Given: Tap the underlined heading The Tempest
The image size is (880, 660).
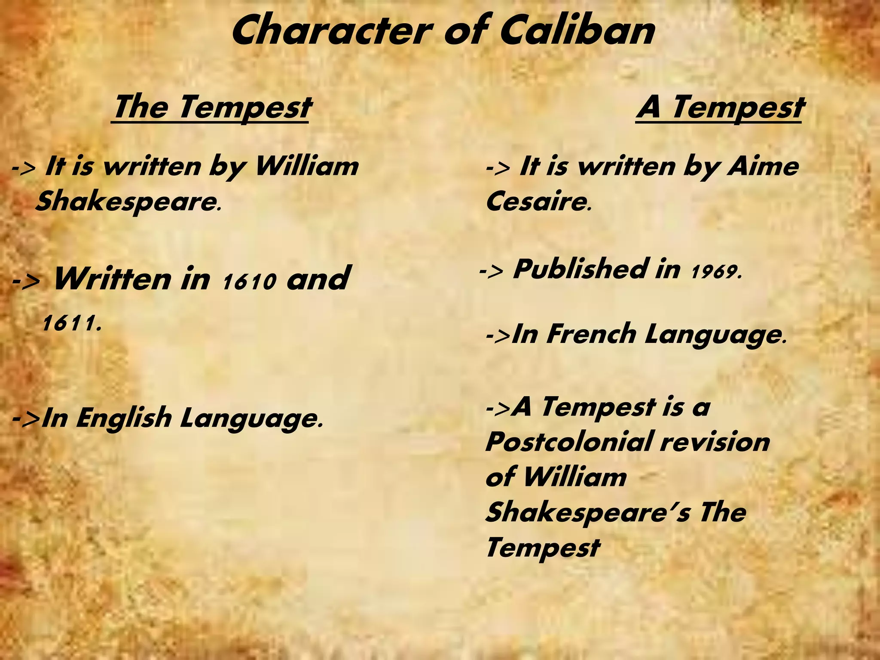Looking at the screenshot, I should [x=211, y=107].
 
